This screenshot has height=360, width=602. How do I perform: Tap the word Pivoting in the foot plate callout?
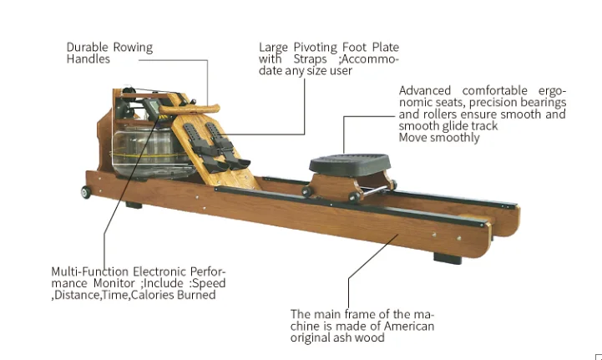[313, 48]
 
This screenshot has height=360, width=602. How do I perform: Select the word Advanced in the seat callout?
[425, 90]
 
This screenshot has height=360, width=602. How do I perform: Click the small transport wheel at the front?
[86, 192]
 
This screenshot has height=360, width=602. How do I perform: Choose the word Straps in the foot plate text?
[308, 59]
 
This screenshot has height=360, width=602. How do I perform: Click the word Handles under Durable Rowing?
[88, 59]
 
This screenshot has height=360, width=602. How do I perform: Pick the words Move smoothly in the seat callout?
[439, 137]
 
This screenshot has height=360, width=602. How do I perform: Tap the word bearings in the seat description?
[426, 114]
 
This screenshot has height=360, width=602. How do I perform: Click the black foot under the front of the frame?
[134, 205]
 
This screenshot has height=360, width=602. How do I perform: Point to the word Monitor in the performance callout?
[112, 283]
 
